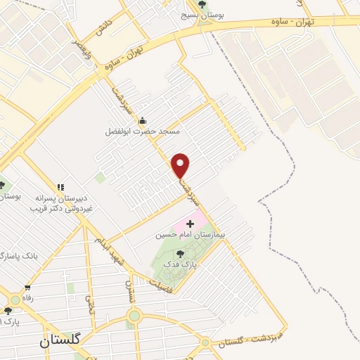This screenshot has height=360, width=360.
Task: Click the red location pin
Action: tap(181, 165)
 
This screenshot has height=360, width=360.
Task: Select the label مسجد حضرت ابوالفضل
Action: tap(143, 131)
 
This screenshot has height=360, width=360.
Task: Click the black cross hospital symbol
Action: tap(191, 224)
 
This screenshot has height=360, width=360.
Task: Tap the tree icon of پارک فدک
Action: tap(181, 254)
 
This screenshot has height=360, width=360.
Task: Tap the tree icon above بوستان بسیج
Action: tap(202, 4)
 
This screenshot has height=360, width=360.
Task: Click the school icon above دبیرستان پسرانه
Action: tap(61, 188)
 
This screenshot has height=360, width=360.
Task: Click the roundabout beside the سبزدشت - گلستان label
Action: tap(205, 343)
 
